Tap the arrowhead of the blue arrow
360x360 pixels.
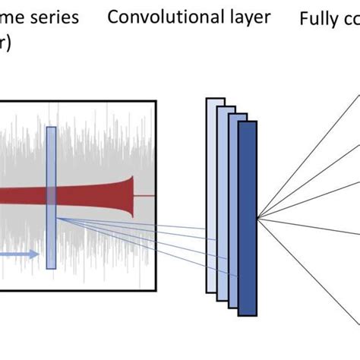pyautogui.click(x=35, y=254)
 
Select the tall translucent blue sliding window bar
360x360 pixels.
pyautogui.click(x=51, y=197)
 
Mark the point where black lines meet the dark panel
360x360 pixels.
pyautogui.click(x=257, y=219)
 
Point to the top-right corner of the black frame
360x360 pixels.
pyautogui.click(x=156, y=101)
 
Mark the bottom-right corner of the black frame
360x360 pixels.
pyautogui.click(x=156, y=291)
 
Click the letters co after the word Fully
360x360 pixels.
pyautogui.click(x=351, y=18)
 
